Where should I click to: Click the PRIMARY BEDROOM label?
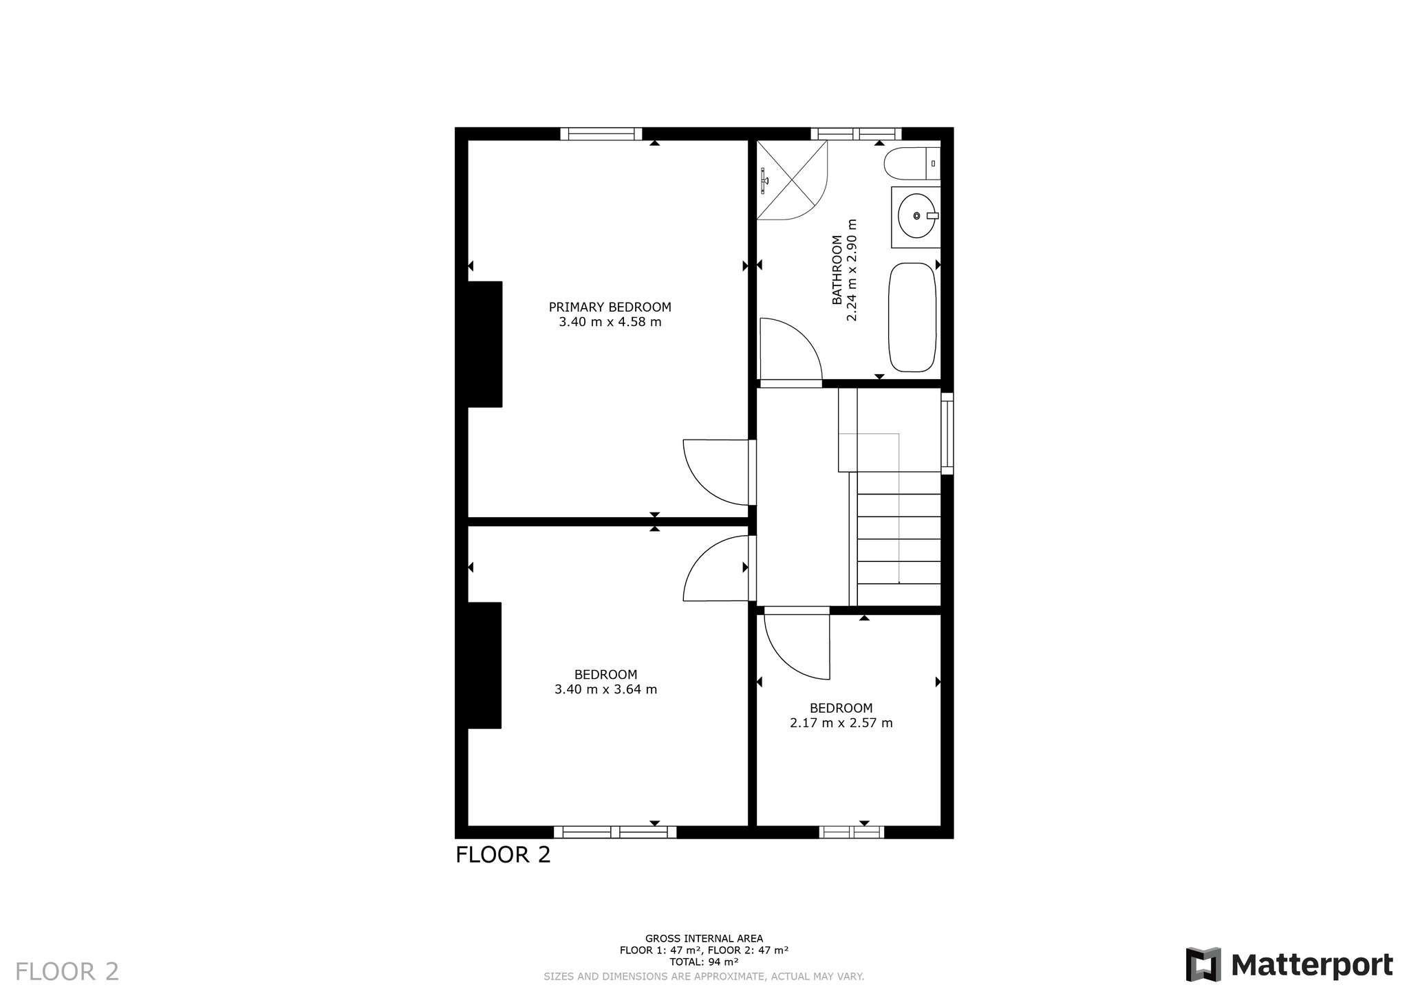click(x=610, y=307)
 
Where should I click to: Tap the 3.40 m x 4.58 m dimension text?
click(x=610, y=322)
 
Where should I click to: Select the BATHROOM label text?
click(x=837, y=270)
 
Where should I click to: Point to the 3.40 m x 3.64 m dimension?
click(x=605, y=689)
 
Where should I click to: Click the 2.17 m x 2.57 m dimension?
click(x=841, y=723)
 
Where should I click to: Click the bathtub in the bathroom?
click(x=912, y=317)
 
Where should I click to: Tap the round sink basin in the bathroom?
click(x=916, y=216)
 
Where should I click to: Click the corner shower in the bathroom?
click(x=792, y=180)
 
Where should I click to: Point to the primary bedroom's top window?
click(x=601, y=134)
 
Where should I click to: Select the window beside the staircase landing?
click(x=947, y=433)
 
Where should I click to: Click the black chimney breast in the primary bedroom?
click(x=485, y=344)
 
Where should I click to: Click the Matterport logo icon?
click(x=1203, y=964)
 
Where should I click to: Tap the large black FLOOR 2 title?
click(x=503, y=855)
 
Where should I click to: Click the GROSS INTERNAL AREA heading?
click(x=704, y=938)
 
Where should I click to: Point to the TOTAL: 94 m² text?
click(x=704, y=962)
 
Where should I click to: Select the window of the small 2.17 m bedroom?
click(x=852, y=832)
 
